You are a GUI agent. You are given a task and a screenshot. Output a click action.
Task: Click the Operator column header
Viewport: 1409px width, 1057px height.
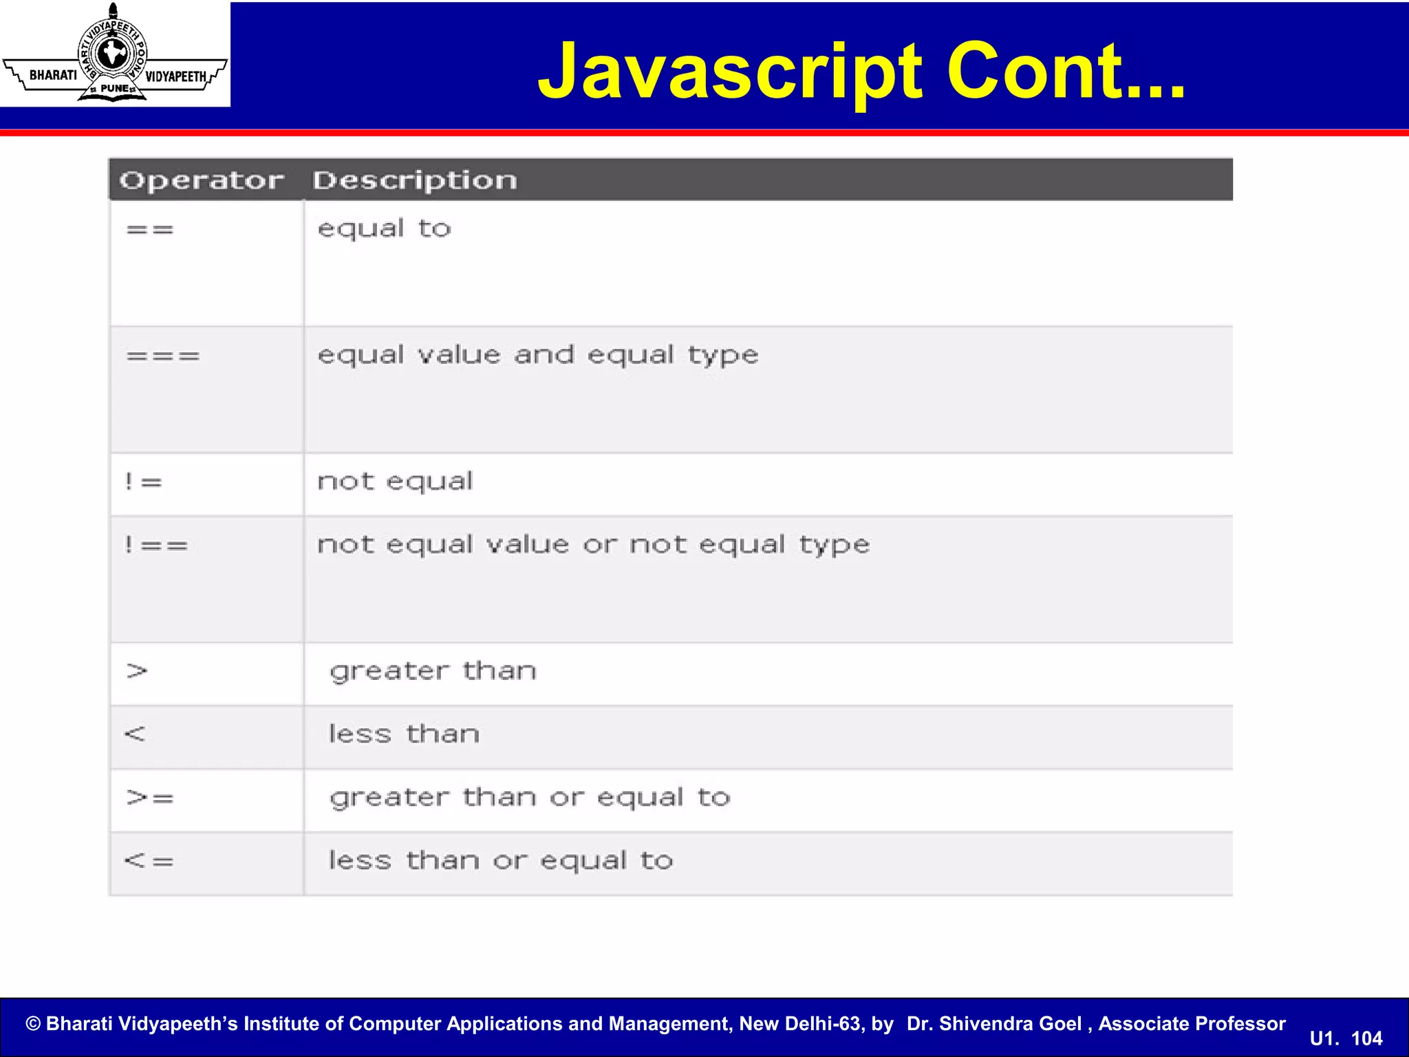[201, 180]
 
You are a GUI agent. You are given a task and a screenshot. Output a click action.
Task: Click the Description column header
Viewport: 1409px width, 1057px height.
[415, 180]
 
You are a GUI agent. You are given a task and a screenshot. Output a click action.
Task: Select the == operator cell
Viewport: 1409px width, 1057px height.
[150, 230]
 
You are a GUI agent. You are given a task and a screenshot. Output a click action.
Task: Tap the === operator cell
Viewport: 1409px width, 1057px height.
[163, 356]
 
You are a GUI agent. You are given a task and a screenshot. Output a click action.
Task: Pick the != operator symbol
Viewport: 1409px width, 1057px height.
[143, 482]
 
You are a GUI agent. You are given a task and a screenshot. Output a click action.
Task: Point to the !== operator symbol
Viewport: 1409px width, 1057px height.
[155, 546]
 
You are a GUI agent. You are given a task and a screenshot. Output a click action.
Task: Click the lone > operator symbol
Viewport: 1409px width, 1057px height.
[137, 671]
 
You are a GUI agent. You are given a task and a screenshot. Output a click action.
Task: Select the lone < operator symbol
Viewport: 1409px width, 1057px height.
[135, 734]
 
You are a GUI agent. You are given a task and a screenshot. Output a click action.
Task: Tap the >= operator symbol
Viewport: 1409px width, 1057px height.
[150, 798]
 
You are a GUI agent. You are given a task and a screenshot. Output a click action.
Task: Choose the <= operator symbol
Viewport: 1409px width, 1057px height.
[149, 861]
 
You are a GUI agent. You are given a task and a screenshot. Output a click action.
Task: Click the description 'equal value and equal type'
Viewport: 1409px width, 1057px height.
[537, 356]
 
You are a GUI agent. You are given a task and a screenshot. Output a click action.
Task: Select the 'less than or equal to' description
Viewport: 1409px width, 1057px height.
[500, 861]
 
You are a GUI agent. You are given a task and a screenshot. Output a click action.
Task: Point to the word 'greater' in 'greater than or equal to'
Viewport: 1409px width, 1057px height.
[389, 798]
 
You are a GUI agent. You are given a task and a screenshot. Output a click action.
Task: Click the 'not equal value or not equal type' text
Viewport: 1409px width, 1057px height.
[593, 545]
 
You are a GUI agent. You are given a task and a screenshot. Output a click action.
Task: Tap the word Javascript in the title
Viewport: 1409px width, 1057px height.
[729, 72]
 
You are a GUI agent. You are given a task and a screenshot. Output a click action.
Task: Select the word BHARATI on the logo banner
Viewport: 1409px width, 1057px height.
[53, 75]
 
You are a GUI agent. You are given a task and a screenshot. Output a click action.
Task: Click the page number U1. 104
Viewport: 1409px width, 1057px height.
[1346, 1038]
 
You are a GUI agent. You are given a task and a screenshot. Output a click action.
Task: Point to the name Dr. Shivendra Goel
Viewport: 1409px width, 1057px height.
[993, 1024]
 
